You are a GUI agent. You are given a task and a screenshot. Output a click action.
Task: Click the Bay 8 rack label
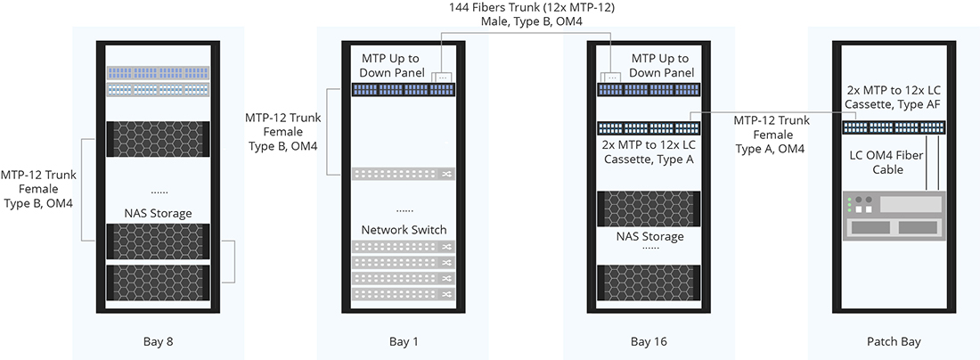pyautogui.click(x=158, y=341)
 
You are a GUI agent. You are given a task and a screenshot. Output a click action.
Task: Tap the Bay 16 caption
pyautogui.click(x=649, y=341)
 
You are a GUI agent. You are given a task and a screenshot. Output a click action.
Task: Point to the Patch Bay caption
pyautogui.click(x=893, y=341)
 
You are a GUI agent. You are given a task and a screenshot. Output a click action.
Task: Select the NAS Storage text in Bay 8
pyautogui.click(x=158, y=213)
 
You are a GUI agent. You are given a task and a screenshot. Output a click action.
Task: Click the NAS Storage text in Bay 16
pyautogui.click(x=649, y=236)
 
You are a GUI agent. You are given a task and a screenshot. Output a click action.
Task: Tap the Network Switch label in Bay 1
pyautogui.click(x=404, y=230)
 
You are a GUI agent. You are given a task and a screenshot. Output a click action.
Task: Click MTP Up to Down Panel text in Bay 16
pyautogui.click(x=661, y=65)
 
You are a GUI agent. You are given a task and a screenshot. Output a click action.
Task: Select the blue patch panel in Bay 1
pyautogui.click(x=404, y=89)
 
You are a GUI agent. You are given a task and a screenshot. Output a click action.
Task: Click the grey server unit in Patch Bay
pyautogui.click(x=893, y=217)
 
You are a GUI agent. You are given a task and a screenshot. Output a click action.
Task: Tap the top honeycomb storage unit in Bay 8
pyautogui.click(x=158, y=139)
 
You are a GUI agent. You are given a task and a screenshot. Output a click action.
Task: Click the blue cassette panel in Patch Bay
pyautogui.click(x=893, y=127)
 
